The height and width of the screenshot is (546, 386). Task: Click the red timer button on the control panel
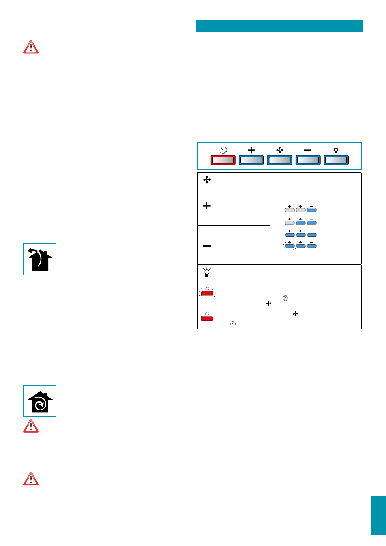(x=223, y=160)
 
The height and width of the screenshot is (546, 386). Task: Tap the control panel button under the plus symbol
(x=251, y=160)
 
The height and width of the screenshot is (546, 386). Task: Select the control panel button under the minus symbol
(x=308, y=160)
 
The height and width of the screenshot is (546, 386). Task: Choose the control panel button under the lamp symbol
(x=336, y=160)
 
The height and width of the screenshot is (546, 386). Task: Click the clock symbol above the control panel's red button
(x=223, y=150)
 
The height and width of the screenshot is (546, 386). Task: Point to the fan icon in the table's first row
(x=207, y=180)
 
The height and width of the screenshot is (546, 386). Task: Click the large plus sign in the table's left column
(x=207, y=206)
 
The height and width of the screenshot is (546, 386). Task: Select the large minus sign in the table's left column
(x=207, y=246)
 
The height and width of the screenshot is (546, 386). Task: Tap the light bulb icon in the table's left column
(x=207, y=272)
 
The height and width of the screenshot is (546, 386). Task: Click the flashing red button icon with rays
(x=207, y=293)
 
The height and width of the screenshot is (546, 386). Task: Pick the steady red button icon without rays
(x=207, y=318)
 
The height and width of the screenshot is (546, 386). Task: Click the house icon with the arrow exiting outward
(x=40, y=259)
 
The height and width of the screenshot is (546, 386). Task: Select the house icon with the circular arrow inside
(x=40, y=401)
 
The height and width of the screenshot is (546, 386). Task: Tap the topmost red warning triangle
(x=31, y=47)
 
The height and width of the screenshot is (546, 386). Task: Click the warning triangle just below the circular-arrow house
(x=31, y=426)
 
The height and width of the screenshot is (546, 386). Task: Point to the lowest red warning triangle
(x=31, y=479)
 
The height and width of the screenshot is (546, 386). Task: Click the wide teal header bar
(x=279, y=26)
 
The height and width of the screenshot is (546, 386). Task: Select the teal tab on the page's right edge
(x=379, y=515)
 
